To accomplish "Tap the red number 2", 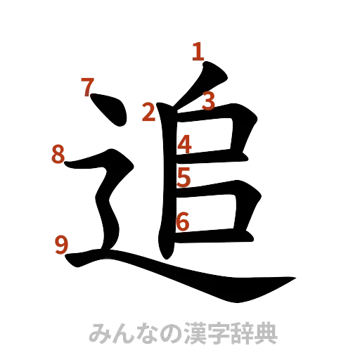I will coord(148,112).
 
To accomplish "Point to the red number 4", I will coord(185,144).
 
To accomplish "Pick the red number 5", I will coord(184,176).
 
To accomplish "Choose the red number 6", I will coord(183,221).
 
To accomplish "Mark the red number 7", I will coord(87,88).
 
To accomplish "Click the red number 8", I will coord(58,154).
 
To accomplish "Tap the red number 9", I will coord(62,245).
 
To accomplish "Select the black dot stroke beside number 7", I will coord(111,112).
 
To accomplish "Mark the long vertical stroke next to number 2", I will coord(167,183).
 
